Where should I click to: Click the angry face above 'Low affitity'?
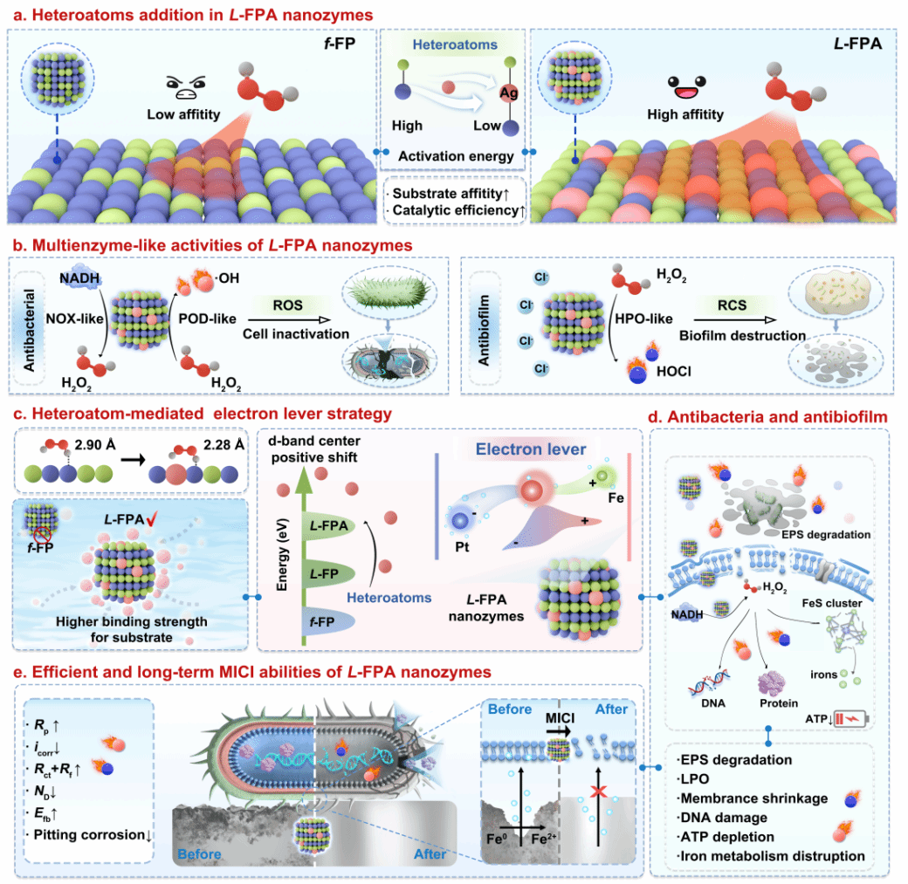pyautogui.click(x=185, y=87)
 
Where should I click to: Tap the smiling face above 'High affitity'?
pyautogui.click(x=686, y=87)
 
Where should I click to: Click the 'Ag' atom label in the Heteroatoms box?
pyautogui.click(x=508, y=93)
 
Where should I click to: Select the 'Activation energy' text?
pyautogui.click(x=456, y=156)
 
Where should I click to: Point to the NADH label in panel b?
pyautogui.click(x=79, y=278)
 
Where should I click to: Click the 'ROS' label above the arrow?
pyautogui.click(x=288, y=305)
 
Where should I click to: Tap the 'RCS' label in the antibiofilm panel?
pyautogui.click(x=732, y=305)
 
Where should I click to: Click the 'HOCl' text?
pyautogui.click(x=673, y=371)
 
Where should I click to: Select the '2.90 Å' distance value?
pyautogui.click(x=95, y=444)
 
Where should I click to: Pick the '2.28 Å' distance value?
pyautogui.click(x=224, y=444)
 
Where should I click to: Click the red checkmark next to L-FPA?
pyautogui.click(x=152, y=518)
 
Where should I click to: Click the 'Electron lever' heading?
pyautogui.click(x=531, y=449)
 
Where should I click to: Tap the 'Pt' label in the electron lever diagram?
pyautogui.click(x=462, y=546)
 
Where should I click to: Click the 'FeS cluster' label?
pyautogui.click(x=831, y=603)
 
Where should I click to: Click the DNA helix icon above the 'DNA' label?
pyautogui.click(x=709, y=683)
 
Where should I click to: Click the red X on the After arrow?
pyautogui.click(x=599, y=791)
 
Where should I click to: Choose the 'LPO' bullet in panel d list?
pyautogui.click(x=695, y=779)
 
